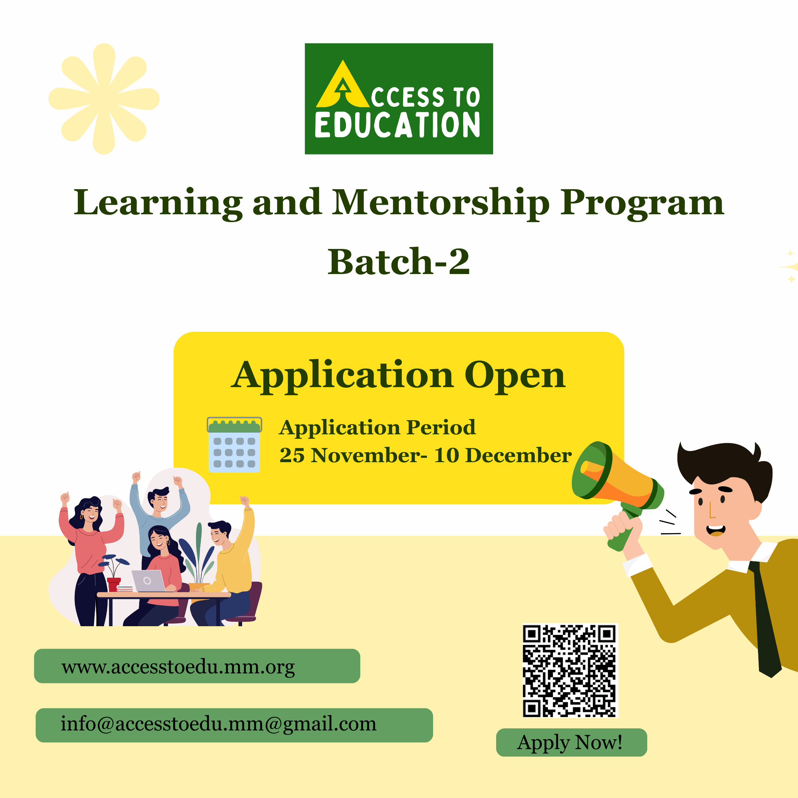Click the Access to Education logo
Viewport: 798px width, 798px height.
(x=399, y=99)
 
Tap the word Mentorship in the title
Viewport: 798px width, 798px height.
(x=441, y=203)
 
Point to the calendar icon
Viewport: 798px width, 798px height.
(x=234, y=445)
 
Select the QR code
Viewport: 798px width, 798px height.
(x=570, y=670)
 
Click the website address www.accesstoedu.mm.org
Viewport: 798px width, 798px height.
(x=178, y=667)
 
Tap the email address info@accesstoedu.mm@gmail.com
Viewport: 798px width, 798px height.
(x=218, y=724)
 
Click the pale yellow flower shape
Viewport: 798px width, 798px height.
(x=104, y=99)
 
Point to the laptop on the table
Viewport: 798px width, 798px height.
(x=148, y=581)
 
